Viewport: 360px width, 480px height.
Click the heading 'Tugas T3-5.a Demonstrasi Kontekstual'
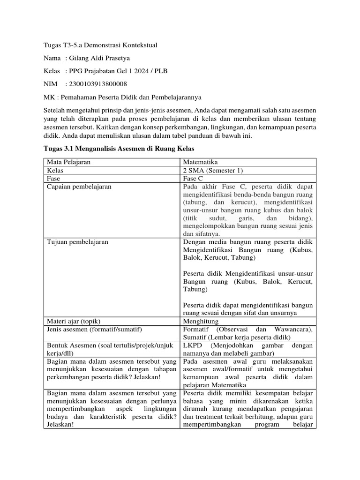pos(97,45)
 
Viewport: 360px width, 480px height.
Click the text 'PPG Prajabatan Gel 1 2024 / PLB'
pos(118,71)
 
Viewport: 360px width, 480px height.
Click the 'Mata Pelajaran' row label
pos(68,162)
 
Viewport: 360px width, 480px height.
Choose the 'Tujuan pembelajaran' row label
pos(77,242)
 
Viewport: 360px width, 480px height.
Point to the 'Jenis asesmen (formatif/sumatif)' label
pos(94,330)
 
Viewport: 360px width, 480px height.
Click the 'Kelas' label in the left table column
pos(55,170)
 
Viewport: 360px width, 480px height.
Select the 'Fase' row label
pos(54,179)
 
